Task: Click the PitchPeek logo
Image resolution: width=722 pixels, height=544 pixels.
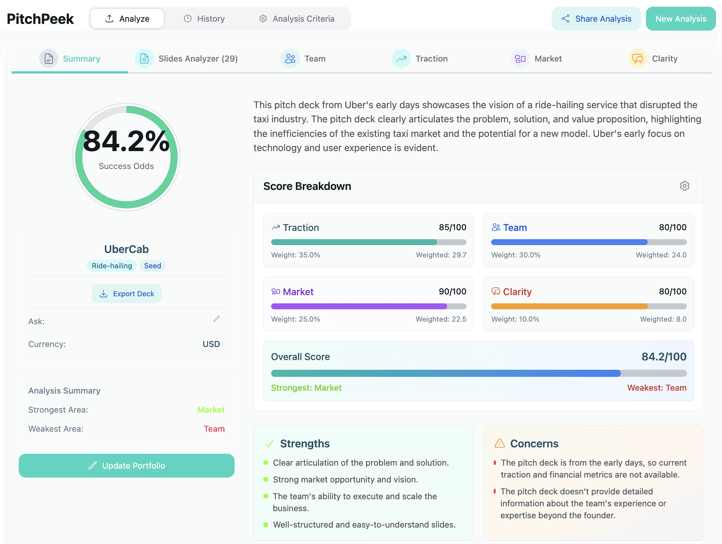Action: click(x=40, y=19)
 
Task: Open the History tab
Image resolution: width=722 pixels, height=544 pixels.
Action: click(x=204, y=19)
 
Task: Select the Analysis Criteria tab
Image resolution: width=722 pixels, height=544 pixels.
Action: click(x=296, y=19)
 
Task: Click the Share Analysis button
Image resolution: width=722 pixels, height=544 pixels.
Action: click(x=596, y=19)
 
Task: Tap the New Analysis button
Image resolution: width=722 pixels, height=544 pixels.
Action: click(x=681, y=19)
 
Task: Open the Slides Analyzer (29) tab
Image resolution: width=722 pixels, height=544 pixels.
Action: click(x=186, y=59)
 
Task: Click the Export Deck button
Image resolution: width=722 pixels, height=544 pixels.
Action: click(x=126, y=294)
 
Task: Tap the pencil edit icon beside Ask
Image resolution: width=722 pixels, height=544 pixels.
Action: click(x=216, y=319)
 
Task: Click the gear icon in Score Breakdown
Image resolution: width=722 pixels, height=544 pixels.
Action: click(x=684, y=186)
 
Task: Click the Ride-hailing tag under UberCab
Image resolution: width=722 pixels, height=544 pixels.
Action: click(x=112, y=266)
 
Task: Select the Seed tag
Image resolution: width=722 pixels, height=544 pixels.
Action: click(x=153, y=266)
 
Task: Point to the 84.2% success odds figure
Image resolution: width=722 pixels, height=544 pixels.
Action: click(x=126, y=141)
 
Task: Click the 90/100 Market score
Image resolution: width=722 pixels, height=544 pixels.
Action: click(x=452, y=291)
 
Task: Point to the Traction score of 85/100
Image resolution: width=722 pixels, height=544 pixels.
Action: click(x=452, y=227)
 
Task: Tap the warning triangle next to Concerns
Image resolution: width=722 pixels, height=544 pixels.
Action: click(x=499, y=443)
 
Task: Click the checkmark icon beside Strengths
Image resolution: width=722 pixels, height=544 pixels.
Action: click(x=269, y=444)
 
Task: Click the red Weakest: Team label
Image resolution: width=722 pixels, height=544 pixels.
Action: click(x=657, y=388)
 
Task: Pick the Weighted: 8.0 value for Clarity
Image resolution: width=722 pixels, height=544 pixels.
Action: click(x=663, y=319)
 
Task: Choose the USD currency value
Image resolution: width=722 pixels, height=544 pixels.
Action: click(x=211, y=344)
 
